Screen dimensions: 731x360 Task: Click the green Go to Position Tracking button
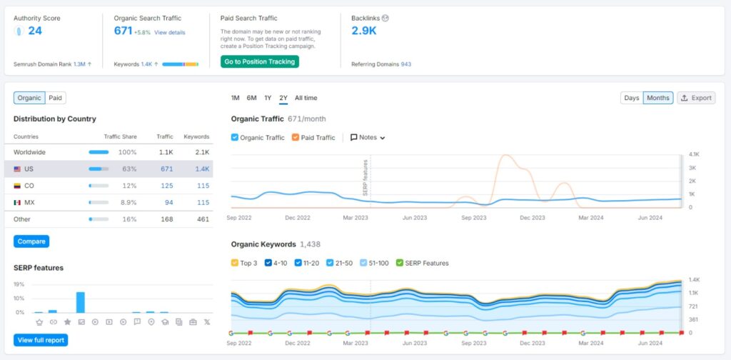260,61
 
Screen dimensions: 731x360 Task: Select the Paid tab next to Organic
56,98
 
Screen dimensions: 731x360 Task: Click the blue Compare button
31,241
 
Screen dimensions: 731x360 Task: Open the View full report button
41,340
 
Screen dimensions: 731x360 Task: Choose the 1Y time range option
268,98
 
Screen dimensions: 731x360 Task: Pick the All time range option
306,98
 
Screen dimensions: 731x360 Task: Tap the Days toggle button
632,98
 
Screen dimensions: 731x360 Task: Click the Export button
696,98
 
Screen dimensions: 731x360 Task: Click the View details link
170,33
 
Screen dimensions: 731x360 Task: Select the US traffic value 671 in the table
167,169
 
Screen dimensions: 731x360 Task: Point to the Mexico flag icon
17,202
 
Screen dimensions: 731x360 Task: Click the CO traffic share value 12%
130,186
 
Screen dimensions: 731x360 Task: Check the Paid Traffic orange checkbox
295,138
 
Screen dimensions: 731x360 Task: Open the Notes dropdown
368,138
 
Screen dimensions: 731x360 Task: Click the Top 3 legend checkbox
234,263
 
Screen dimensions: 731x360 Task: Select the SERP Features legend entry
422,263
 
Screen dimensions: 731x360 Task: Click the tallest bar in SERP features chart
81,302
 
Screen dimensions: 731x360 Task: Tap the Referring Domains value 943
406,64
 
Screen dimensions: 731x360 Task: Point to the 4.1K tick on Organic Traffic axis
694,154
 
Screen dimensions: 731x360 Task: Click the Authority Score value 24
35,31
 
